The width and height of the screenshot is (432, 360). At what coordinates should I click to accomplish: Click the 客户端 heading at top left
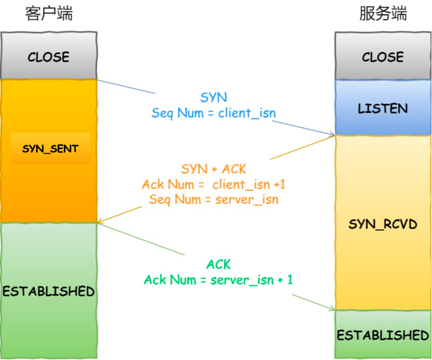pos(49,14)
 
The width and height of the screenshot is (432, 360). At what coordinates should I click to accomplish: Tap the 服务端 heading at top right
pos(383,14)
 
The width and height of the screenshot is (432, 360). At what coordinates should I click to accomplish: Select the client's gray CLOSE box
pos(48,56)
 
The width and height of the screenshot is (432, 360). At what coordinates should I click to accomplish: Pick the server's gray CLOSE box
pos(383,56)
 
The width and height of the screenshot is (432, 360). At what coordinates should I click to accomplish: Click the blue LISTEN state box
pos(383,108)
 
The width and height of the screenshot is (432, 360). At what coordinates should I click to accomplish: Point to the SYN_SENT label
pos(50,149)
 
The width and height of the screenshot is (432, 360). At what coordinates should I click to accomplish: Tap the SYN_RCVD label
pos(383,224)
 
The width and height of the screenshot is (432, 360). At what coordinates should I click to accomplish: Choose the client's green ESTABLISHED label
pos(48,291)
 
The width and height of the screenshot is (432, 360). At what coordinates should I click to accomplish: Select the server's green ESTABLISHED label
pos(383,335)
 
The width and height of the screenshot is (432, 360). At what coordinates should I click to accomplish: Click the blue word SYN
pos(214,97)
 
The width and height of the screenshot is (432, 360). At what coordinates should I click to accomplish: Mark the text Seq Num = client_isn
pos(214,113)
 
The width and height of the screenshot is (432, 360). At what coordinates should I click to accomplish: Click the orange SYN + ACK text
pos(214,169)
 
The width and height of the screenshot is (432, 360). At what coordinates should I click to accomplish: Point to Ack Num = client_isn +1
pos(214,184)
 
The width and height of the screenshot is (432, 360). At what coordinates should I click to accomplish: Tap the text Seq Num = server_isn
pos(214,199)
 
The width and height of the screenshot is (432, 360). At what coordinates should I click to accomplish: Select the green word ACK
pos(219,264)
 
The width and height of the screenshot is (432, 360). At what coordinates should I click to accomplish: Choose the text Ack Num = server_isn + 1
pos(218,280)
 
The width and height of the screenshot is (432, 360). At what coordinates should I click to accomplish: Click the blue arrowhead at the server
pos(332,134)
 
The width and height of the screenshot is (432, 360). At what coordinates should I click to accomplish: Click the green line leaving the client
pos(140,239)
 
